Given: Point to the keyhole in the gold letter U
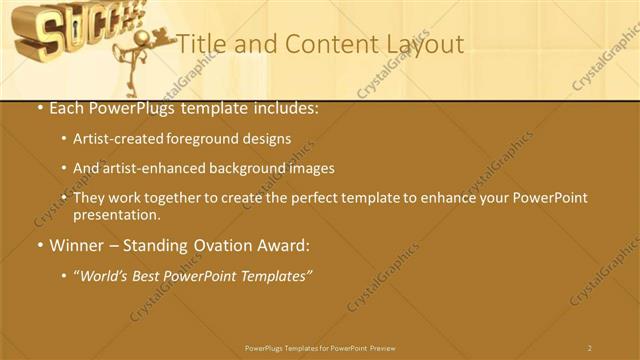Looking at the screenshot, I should [67, 27].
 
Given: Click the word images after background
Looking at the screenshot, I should [310, 168].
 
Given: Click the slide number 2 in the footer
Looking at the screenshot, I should [589, 348].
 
